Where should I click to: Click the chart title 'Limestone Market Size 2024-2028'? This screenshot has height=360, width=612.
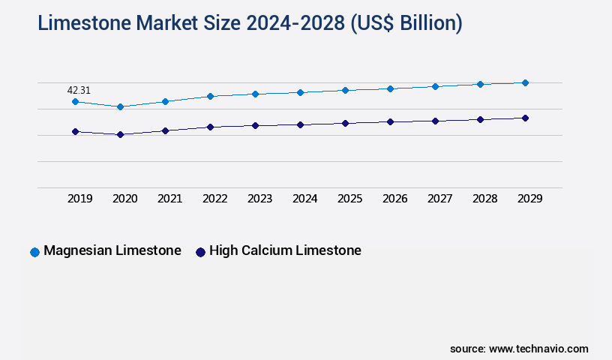click(x=250, y=23)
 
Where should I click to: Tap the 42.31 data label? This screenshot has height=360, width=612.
click(x=79, y=90)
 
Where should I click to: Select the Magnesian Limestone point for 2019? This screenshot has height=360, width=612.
click(x=75, y=101)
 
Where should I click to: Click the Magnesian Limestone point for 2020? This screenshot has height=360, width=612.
click(x=120, y=106)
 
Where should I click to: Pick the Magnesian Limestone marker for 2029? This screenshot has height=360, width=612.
click(x=525, y=82)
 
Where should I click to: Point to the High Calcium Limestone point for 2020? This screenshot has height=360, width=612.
click(x=120, y=134)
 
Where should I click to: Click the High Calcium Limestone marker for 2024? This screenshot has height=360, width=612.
click(x=300, y=124)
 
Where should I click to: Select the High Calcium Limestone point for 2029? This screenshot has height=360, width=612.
click(x=525, y=118)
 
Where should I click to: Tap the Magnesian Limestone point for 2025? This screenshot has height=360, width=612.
click(x=345, y=90)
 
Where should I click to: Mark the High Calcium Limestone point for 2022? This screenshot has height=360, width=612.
click(x=210, y=127)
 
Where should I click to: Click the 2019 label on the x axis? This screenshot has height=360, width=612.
click(x=80, y=199)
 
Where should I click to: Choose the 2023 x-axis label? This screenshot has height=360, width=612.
click(x=260, y=199)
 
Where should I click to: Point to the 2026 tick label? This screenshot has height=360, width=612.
click(x=395, y=199)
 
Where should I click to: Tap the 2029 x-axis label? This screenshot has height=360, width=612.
click(x=530, y=199)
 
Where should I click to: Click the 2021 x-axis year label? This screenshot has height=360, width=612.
click(x=170, y=199)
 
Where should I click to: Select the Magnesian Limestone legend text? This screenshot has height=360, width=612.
click(x=112, y=250)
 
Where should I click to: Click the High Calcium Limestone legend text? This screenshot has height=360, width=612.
click(x=285, y=250)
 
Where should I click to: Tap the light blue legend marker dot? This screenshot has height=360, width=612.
click(x=34, y=252)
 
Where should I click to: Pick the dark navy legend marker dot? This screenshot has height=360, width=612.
click(x=200, y=252)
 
